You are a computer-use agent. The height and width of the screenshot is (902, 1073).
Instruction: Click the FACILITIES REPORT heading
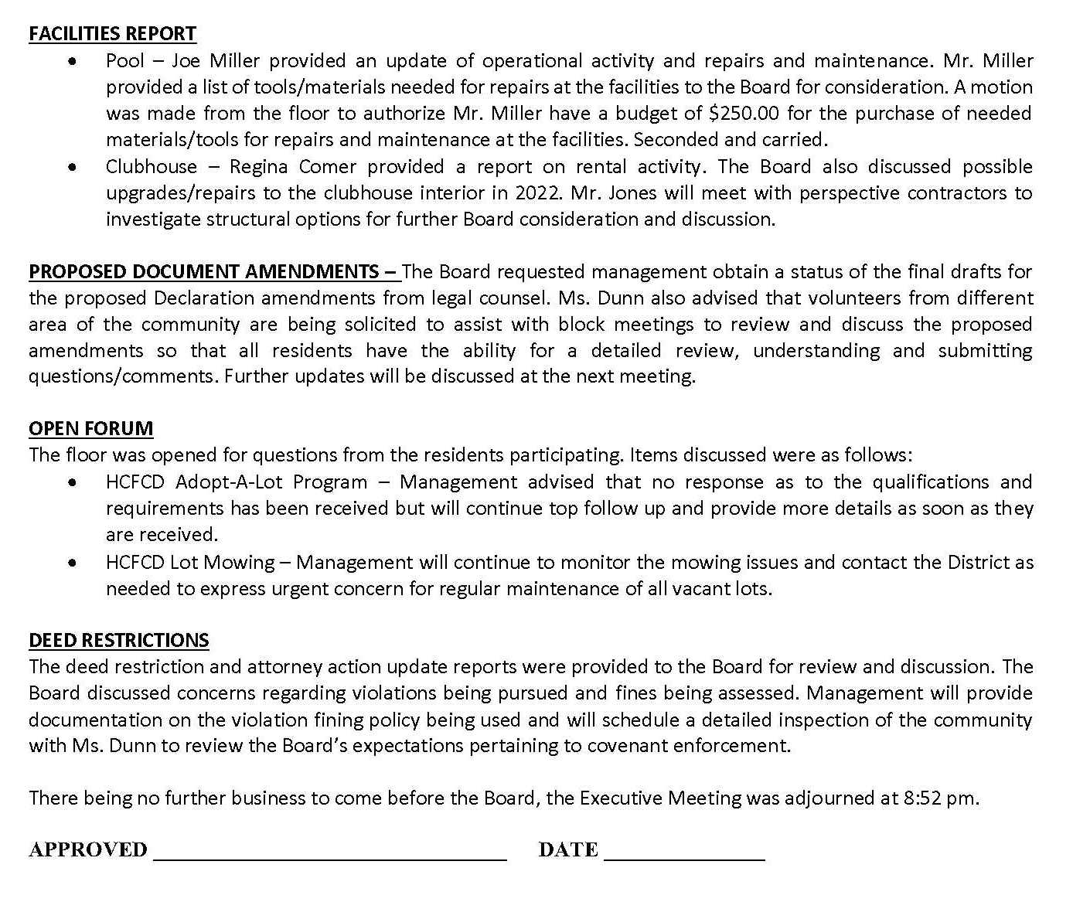[112, 34]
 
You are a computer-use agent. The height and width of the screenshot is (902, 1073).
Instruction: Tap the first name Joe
[186, 61]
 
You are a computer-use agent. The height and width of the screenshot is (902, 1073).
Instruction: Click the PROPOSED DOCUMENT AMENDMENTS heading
[214, 272]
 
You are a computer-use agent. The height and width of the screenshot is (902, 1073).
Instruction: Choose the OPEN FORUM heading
[91, 429]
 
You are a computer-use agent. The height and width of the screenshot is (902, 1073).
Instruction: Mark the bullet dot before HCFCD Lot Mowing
[72, 563]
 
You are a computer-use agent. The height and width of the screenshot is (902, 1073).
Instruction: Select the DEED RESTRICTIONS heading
[119, 641]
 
